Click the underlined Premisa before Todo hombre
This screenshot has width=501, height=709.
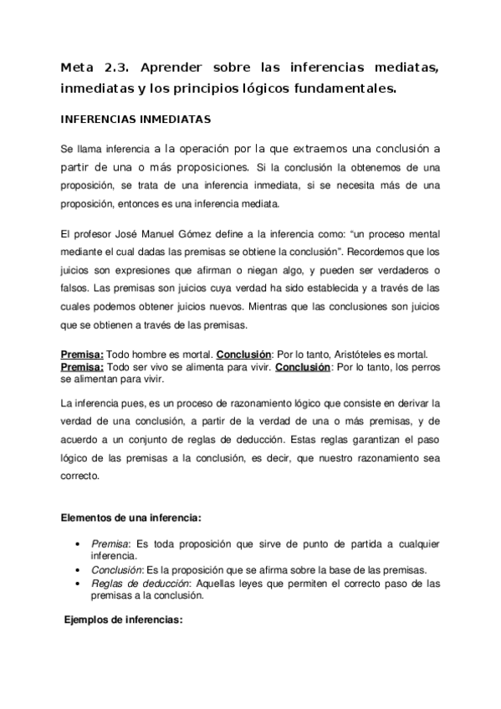82,353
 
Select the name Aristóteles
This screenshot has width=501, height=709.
369,353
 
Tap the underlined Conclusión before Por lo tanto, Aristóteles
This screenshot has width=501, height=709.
245,353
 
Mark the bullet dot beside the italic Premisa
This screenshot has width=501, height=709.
78,543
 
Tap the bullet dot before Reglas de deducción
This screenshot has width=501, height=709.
78,583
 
